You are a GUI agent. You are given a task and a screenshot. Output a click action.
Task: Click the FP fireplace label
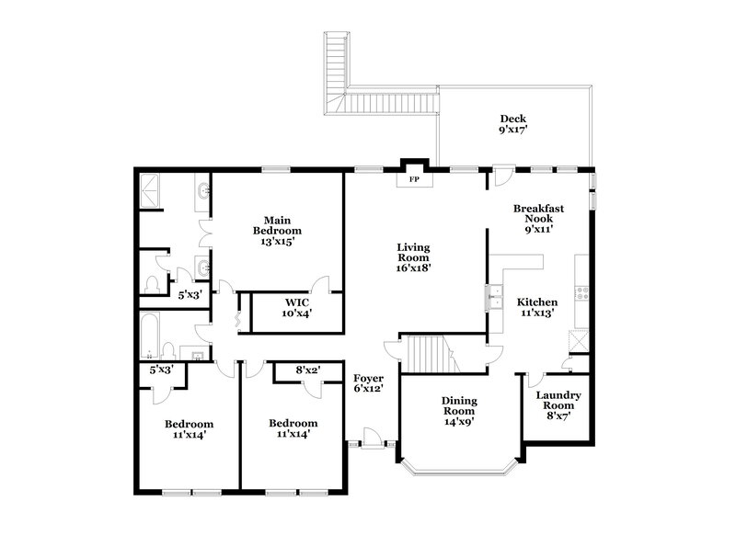[414, 179]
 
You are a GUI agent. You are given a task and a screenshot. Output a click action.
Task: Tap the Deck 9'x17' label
[512, 124]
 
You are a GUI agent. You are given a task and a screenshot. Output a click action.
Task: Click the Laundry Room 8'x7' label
[558, 405]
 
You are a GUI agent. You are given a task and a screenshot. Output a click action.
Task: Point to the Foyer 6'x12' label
[368, 383]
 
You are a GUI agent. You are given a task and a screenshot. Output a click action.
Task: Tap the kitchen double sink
[495, 296]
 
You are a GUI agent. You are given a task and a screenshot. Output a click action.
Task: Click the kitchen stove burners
[581, 294]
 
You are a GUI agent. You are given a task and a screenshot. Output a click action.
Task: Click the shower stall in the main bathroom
[149, 192]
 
